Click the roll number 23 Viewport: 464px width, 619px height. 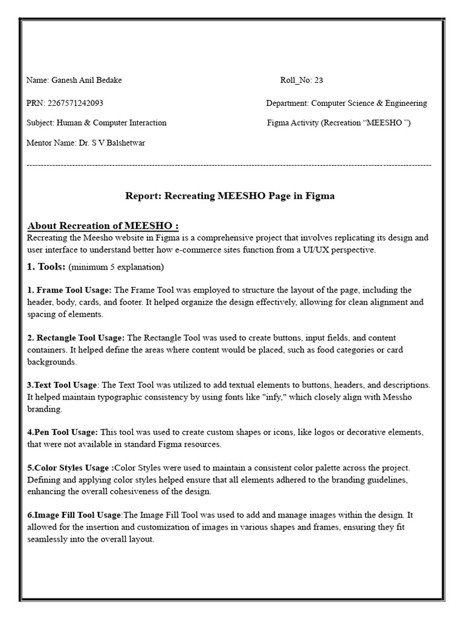(x=318, y=80)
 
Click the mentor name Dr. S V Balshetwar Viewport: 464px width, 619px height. (x=111, y=143)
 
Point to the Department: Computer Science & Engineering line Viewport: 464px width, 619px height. (x=346, y=103)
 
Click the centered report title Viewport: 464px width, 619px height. (x=230, y=196)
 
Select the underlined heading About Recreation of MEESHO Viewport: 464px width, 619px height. (x=103, y=226)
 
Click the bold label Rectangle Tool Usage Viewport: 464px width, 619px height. (x=80, y=338)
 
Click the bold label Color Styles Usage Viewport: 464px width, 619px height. (x=70, y=468)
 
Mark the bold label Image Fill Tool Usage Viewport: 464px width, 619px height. (x=74, y=515)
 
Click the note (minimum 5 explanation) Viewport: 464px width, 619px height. (x=116, y=267)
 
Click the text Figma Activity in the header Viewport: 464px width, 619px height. (x=292, y=123)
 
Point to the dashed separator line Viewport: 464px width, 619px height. (x=229, y=164)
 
